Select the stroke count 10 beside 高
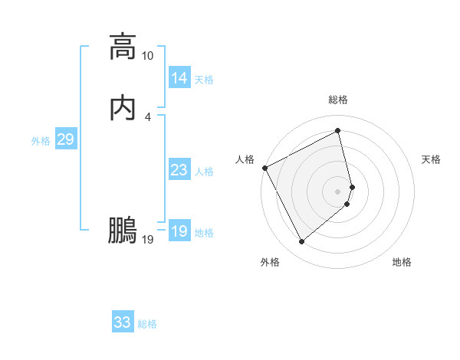(x=147, y=56)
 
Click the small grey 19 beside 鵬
(x=147, y=240)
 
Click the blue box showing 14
(x=179, y=78)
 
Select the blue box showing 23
(x=179, y=171)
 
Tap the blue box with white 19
(x=179, y=231)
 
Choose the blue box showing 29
(x=65, y=139)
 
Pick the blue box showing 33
(x=122, y=322)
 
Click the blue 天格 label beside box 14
(x=204, y=80)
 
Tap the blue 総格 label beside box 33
(x=147, y=324)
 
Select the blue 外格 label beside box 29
(x=41, y=141)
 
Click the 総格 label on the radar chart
(x=338, y=100)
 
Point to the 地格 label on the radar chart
(x=402, y=262)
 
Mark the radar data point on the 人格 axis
(x=264, y=168)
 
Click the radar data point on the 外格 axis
(x=301, y=242)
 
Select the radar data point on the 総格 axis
(x=338, y=131)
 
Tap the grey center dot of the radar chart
(x=338, y=191)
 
